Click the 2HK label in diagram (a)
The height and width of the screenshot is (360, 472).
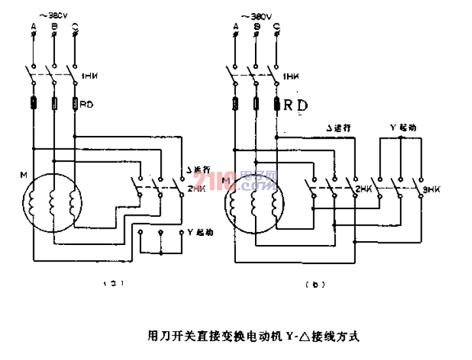[x=195, y=189]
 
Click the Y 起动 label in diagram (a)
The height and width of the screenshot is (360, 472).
[x=201, y=232]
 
